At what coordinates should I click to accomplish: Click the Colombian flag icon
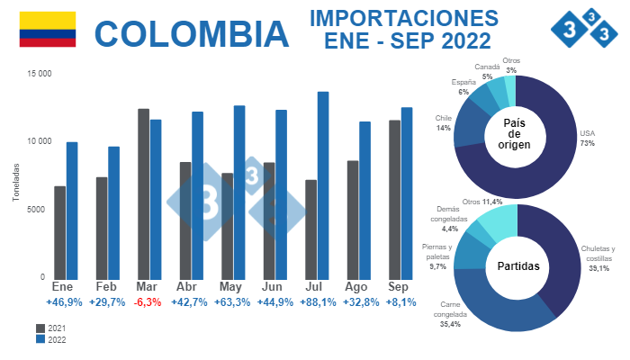click(48, 30)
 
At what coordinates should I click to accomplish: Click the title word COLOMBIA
click(192, 33)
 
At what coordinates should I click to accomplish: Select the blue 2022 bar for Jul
click(323, 184)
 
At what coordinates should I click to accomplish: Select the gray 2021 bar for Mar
click(143, 193)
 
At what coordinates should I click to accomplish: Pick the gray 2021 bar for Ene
click(59, 231)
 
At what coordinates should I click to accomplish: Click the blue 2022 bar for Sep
click(407, 192)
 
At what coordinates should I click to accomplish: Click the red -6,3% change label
click(148, 302)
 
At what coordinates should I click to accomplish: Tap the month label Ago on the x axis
click(356, 286)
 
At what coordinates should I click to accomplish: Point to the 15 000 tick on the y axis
click(39, 74)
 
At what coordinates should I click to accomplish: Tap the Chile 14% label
click(443, 122)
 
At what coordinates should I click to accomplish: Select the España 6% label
click(463, 87)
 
